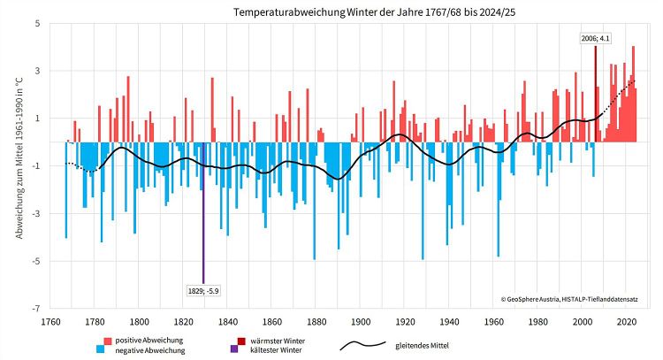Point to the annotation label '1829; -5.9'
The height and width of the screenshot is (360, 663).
click(203, 289)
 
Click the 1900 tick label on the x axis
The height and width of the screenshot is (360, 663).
click(362, 321)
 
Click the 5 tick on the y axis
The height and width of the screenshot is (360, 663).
click(37, 23)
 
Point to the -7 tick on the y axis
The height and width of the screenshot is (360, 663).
click(35, 309)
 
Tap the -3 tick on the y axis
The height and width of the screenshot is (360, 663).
click(35, 213)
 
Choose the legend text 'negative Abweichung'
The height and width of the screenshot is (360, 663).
click(150, 351)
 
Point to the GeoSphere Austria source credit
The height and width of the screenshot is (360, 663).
click(574, 300)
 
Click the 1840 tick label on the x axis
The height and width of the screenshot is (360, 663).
click(228, 321)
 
